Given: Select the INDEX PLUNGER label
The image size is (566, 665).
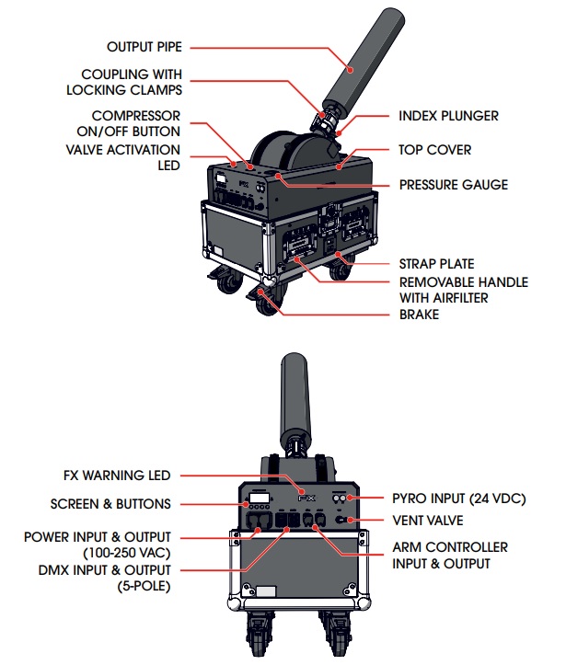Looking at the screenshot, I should click(x=448, y=117).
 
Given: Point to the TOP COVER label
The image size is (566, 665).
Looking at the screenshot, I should click(x=434, y=150).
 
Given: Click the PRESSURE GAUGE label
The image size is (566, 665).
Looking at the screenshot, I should click(x=453, y=185).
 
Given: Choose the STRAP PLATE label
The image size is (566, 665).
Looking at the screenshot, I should click(x=435, y=264).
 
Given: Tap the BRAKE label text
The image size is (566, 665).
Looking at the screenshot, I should click(x=418, y=315).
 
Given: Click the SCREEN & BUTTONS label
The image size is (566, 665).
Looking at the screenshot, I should click(x=110, y=504).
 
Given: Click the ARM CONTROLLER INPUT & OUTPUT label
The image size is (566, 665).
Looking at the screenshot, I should click(x=448, y=556).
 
